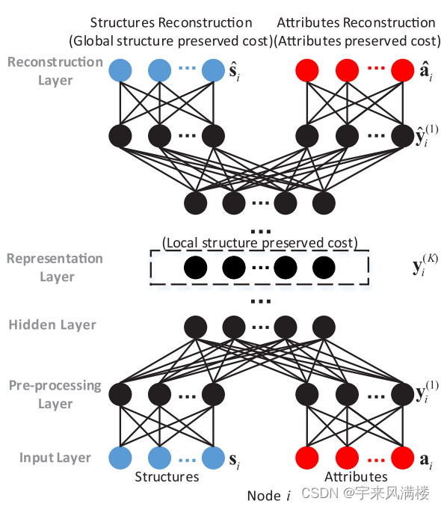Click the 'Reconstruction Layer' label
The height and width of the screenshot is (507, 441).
[x=55, y=70]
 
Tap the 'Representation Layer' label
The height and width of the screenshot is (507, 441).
[x=55, y=268]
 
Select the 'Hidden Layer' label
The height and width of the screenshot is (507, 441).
[x=52, y=325]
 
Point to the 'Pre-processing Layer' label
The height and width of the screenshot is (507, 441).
[x=55, y=395]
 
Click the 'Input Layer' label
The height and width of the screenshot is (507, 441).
[x=55, y=458]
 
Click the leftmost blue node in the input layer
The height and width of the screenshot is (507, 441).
[x=120, y=456]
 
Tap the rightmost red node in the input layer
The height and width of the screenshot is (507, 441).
[x=402, y=456]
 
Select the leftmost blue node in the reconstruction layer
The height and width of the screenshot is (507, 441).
[x=120, y=71]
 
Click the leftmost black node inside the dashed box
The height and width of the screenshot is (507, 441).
[x=195, y=267]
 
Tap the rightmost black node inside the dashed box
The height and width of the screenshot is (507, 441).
[x=323, y=267]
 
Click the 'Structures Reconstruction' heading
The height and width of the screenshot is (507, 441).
[x=171, y=22]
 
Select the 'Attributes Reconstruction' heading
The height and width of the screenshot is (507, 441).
[x=356, y=22]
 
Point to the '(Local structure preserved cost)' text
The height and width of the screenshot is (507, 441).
[x=259, y=243]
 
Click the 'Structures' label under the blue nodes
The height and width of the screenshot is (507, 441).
[x=167, y=476]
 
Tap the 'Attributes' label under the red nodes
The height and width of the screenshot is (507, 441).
[x=356, y=476]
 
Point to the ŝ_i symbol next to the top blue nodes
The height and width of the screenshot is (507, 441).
[x=237, y=73]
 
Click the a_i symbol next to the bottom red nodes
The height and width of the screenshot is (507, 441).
[x=425, y=458]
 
